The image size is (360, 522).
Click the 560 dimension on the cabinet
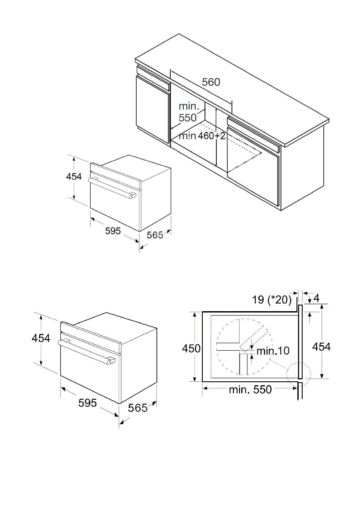click(211, 82)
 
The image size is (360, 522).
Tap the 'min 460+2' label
click(202, 136)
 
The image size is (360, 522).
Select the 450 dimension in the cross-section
click(191, 348)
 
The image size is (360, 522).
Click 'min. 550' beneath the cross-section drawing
click(250, 389)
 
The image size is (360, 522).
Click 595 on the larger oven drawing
click(88, 402)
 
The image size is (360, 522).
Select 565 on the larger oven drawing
click(138, 408)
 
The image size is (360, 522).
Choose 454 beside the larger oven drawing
click(41, 338)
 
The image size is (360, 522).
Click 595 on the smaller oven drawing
click(113, 231)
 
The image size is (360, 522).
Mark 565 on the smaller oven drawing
click(155, 235)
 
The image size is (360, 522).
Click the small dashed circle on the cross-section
click(298, 376)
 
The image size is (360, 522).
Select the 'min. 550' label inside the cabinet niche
click(188, 112)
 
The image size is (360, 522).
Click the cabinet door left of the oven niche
click(153, 110)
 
